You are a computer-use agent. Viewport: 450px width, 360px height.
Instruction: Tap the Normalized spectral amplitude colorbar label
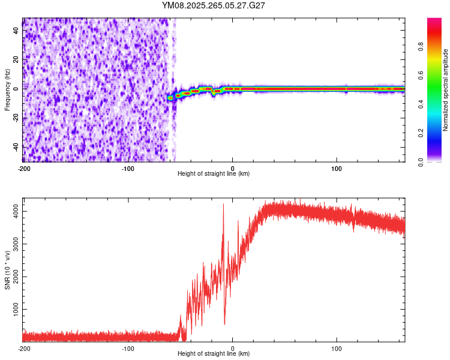click(445, 90)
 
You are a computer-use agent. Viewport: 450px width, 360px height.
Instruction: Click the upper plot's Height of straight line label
click(214, 173)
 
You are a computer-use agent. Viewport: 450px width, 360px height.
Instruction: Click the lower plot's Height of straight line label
click(214, 353)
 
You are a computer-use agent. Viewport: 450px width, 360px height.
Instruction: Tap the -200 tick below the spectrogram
click(24, 168)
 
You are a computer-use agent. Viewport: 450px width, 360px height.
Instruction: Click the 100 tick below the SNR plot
click(337, 348)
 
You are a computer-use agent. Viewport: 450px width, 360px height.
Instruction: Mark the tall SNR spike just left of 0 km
click(223, 205)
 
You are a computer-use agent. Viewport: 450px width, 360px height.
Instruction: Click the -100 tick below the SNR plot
click(128, 348)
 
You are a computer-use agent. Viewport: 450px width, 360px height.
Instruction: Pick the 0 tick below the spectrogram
click(233, 168)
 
